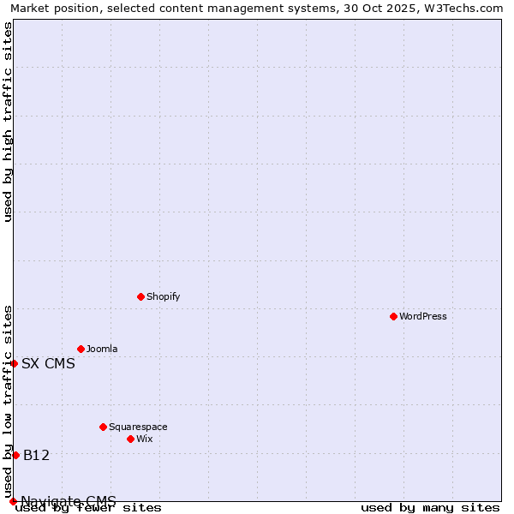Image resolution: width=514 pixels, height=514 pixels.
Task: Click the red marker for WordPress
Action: [393, 316]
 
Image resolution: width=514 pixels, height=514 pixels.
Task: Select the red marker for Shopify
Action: [140, 296]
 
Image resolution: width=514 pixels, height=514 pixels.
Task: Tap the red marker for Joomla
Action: [81, 349]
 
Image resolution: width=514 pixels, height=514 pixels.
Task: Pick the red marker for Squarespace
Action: [103, 427]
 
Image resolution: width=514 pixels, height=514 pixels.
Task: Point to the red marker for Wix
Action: [130, 439]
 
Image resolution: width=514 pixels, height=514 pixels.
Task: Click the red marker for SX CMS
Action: [14, 363]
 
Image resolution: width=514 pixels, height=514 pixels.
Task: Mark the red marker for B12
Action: [15, 455]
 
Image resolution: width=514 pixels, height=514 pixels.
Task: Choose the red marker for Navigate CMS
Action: [13, 501]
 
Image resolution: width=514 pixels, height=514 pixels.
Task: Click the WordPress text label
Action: [423, 316]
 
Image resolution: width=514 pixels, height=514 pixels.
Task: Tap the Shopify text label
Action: [163, 296]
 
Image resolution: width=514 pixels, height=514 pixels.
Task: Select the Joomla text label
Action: [102, 349]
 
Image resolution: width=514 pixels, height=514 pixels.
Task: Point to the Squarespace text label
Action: [138, 427]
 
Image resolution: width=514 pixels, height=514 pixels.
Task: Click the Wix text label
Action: [145, 439]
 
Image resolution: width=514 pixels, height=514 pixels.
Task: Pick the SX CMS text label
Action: [48, 363]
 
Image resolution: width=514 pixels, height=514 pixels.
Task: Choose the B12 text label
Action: [36, 455]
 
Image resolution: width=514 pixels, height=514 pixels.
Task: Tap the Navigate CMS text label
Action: [69, 501]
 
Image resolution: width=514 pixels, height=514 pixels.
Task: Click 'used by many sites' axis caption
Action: [430, 508]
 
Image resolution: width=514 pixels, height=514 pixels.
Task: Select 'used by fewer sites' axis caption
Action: [88, 508]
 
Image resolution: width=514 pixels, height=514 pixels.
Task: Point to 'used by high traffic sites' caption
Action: [8, 122]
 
